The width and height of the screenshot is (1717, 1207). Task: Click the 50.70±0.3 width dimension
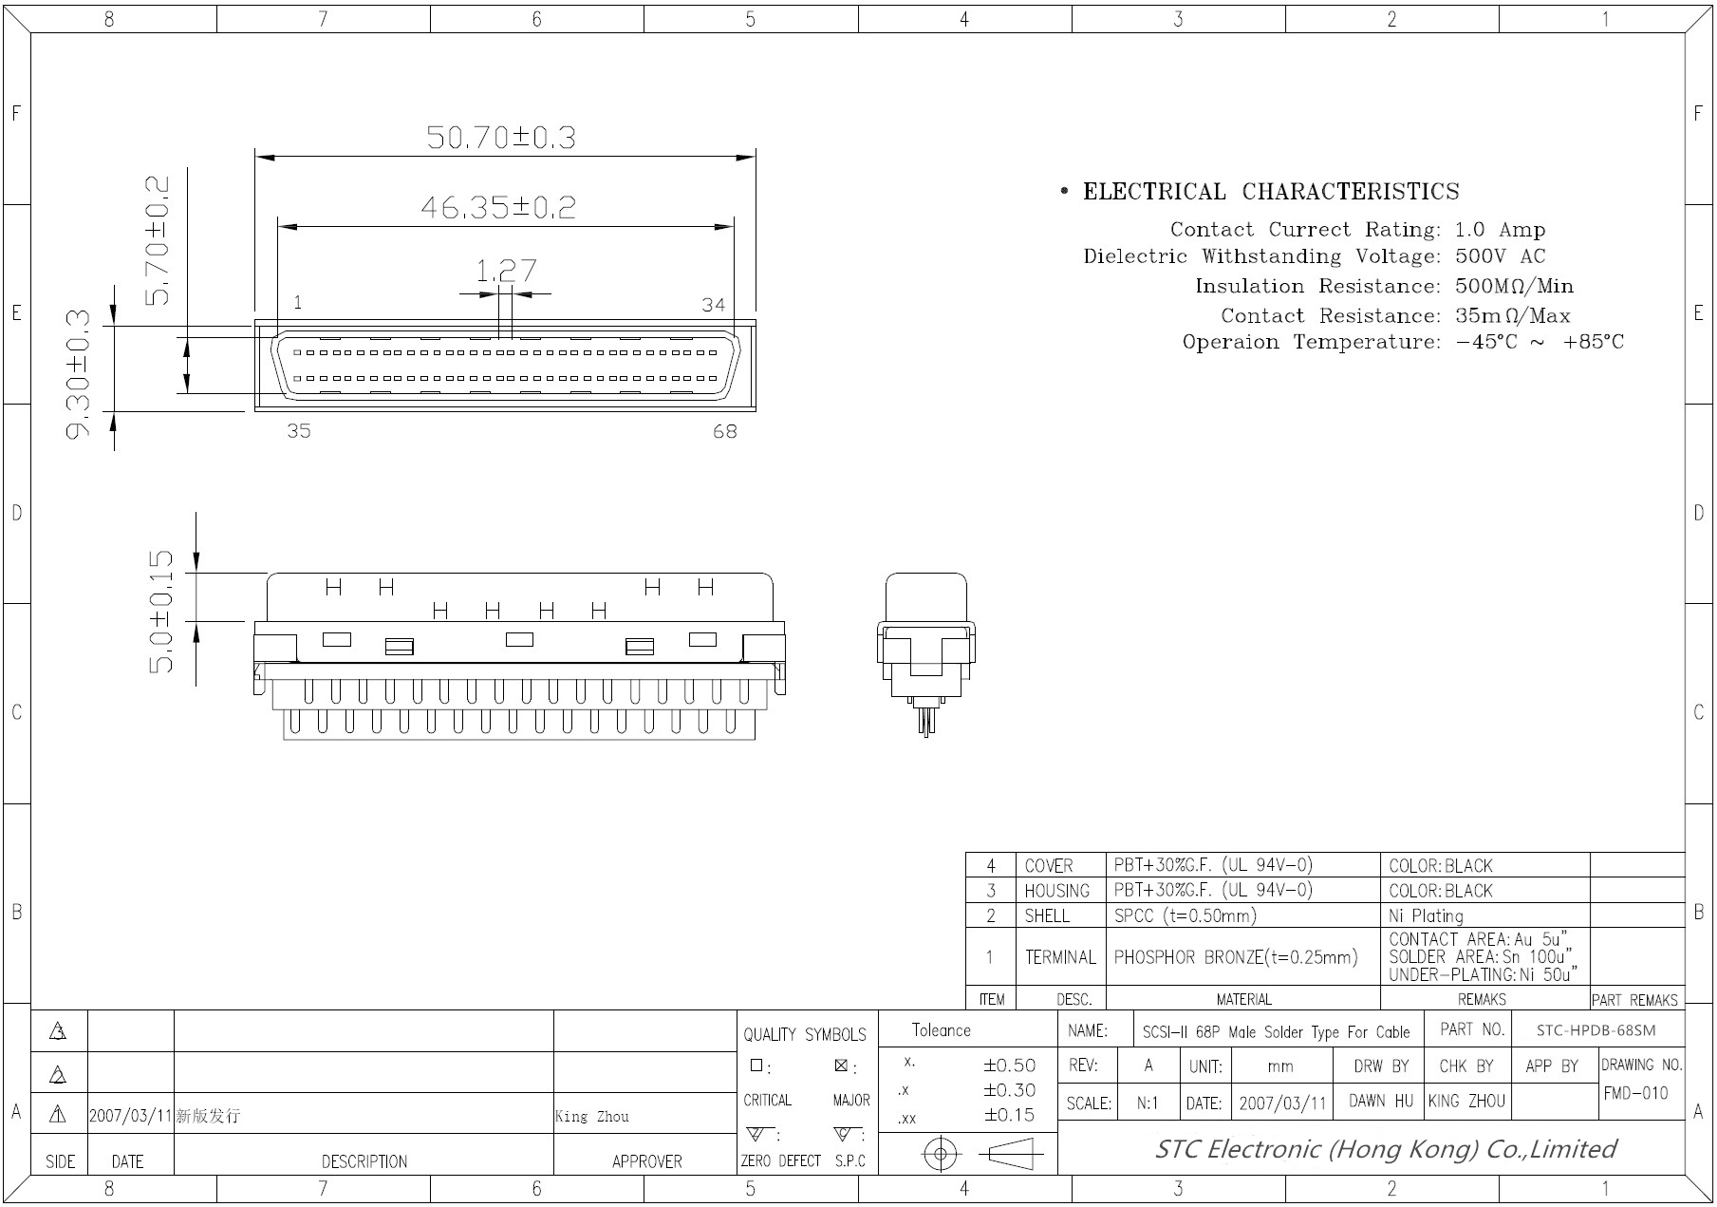(501, 138)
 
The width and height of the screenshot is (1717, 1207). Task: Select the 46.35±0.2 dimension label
(498, 207)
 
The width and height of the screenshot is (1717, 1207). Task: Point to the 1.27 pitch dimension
(506, 271)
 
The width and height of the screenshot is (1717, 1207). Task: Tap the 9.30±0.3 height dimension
(78, 374)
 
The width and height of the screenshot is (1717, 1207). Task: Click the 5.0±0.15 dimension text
(161, 612)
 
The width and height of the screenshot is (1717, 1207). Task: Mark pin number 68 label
(725, 432)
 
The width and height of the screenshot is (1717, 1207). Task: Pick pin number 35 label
(299, 431)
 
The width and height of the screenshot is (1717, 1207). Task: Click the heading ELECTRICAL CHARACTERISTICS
(1271, 192)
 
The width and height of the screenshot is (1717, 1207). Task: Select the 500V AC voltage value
(1501, 256)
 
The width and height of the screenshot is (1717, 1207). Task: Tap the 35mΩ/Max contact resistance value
(1513, 315)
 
